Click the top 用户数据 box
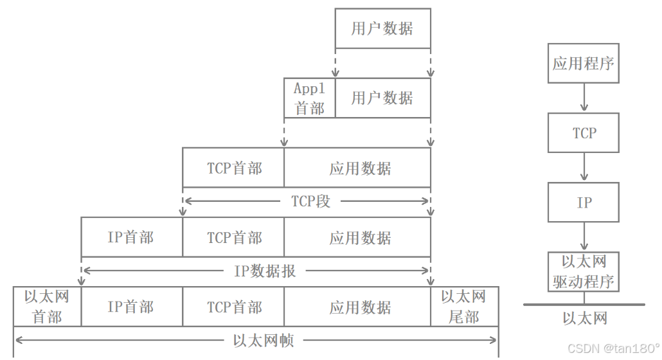point(382,29)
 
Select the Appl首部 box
point(310,98)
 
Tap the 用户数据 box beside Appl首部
point(382,98)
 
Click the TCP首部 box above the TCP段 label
point(234,168)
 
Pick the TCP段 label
point(310,201)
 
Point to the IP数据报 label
point(264,271)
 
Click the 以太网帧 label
point(264,340)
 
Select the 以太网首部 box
point(47,307)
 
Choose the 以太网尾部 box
point(463,307)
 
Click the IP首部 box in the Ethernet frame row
point(131,307)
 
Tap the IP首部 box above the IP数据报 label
point(131,237)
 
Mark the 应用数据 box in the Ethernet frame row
point(357,307)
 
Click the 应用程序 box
point(584,64)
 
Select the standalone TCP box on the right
point(584,133)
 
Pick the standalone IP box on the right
point(584,203)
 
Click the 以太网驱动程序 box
point(584,271)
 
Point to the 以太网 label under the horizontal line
point(584,318)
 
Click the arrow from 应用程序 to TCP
point(584,98)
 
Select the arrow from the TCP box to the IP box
point(584,167)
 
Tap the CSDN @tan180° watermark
point(613,348)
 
